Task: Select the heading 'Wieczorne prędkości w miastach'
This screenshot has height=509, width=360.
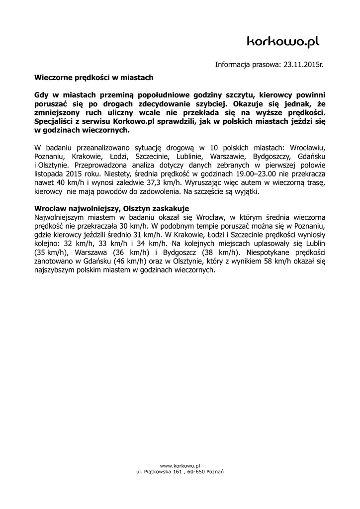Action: click(x=93, y=78)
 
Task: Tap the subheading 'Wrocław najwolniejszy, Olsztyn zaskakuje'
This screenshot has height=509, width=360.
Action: click(x=112, y=208)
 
